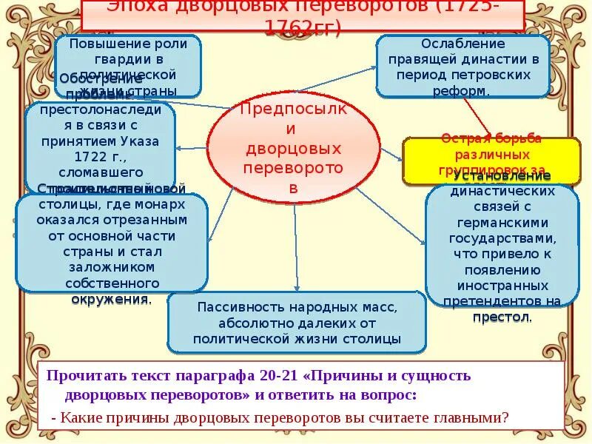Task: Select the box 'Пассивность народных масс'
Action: click(x=297, y=323)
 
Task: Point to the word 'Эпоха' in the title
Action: click(x=136, y=8)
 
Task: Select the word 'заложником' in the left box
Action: click(x=111, y=267)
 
